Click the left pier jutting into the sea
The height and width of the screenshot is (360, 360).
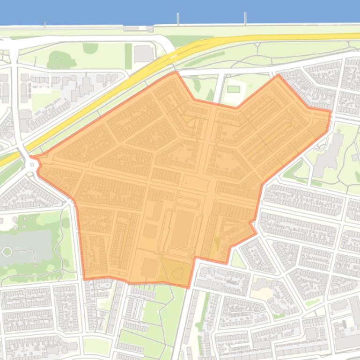point(178,19)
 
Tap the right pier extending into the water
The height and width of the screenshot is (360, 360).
point(245,18)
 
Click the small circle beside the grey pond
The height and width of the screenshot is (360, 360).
point(7,252)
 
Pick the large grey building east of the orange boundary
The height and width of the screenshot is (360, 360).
point(328,154)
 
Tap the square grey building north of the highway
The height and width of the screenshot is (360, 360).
point(144,54)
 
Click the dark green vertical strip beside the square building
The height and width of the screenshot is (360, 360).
point(128,56)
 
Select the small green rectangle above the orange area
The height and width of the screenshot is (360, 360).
point(233,89)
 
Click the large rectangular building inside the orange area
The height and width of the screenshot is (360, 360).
point(181,229)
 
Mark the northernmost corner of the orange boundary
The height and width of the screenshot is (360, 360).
point(176,72)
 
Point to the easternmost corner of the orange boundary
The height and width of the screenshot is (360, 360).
point(330,112)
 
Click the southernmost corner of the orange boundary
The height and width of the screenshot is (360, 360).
point(188,287)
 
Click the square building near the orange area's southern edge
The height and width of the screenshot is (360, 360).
point(149,268)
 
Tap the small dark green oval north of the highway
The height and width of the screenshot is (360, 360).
point(90,48)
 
